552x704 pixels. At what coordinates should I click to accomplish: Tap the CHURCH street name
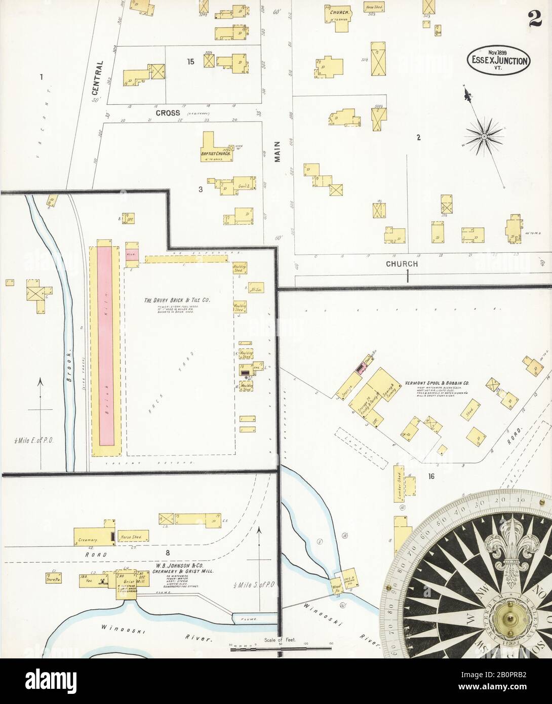(x=402, y=264)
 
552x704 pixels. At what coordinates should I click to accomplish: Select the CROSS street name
(x=168, y=113)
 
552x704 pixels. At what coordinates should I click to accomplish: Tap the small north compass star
(x=484, y=136)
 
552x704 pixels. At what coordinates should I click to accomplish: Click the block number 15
(x=190, y=62)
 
